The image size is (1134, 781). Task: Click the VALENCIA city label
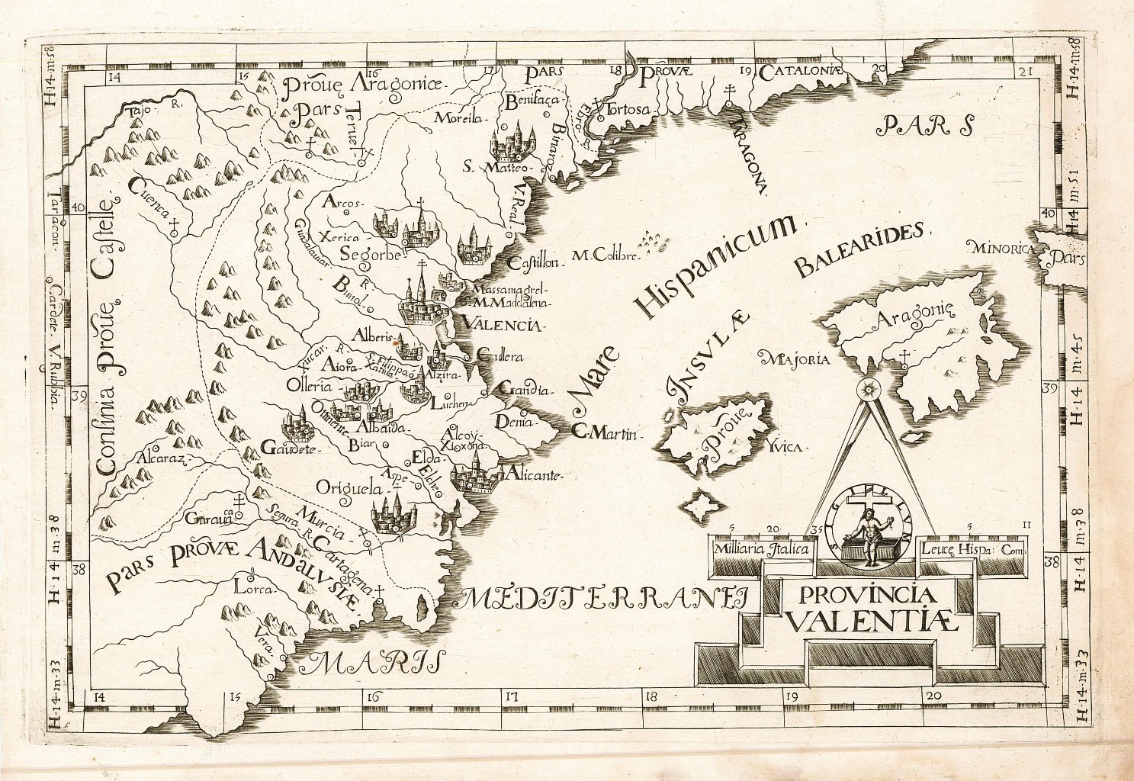(497, 326)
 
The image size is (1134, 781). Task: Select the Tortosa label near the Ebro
(630, 109)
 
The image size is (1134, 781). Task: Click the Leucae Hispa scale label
(973, 548)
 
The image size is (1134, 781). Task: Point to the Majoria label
(795, 358)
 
